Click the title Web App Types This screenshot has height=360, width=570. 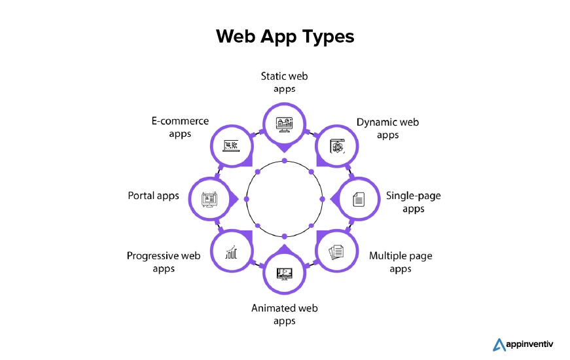pyautogui.click(x=285, y=36)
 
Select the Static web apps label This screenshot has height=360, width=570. pyautogui.click(x=284, y=82)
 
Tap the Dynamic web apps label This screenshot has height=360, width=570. pyautogui.click(x=387, y=128)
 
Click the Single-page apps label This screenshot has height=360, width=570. pyautogui.click(x=413, y=202)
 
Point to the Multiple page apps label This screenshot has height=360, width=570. pyautogui.click(x=401, y=262)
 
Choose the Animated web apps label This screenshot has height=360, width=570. pyautogui.click(x=284, y=314)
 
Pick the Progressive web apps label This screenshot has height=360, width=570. pyautogui.click(x=164, y=262)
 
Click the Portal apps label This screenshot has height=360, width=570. pyautogui.click(x=153, y=196)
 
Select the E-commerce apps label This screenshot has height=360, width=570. pyautogui.click(x=179, y=128)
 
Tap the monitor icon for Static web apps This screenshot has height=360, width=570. pyautogui.click(x=285, y=124)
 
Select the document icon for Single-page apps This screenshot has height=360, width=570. pyautogui.click(x=359, y=199)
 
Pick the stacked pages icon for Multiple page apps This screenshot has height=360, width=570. pyautogui.click(x=336, y=252)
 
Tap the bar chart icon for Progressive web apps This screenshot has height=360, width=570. pyautogui.click(x=231, y=252)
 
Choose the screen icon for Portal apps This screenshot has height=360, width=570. pyautogui.click(x=210, y=199)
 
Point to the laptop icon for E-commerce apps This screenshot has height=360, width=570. pyautogui.click(x=231, y=145)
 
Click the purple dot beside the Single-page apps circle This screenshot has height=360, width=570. pyautogui.click(x=321, y=199)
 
